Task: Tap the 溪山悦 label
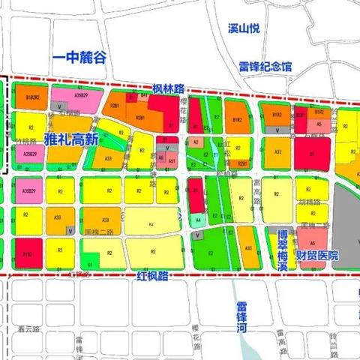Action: point(244,28)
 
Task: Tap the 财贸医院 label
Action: point(316,256)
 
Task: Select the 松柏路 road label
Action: point(224,172)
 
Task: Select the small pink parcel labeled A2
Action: point(196,142)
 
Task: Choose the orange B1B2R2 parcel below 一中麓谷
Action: point(33,97)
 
